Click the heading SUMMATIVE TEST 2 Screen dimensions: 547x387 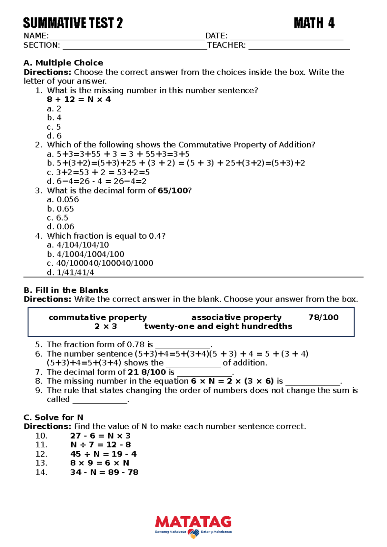tap(73, 23)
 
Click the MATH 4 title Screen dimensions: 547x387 tap(314, 23)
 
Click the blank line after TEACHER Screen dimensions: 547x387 tap(299, 46)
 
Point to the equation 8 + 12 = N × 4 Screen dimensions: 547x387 tap(79, 99)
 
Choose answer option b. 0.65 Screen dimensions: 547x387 tap(61, 209)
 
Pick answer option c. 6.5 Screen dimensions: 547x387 tap(58, 218)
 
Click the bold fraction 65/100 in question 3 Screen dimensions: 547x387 tap(173, 191)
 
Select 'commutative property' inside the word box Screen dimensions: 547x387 tap(98, 317)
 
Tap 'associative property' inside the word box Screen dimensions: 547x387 tap(236, 317)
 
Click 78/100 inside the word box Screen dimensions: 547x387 tap(323, 317)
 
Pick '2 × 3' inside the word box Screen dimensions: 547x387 tap(105, 326)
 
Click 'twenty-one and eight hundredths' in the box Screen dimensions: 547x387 tap(218, 326)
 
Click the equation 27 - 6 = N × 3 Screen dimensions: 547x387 tap(100, 436)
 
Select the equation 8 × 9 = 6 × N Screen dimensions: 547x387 tap(100, 463)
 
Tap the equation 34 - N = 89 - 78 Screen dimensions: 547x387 tap(104, 472)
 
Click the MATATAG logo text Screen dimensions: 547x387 tap(193, 522)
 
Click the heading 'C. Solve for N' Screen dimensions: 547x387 tap(53, 417)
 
